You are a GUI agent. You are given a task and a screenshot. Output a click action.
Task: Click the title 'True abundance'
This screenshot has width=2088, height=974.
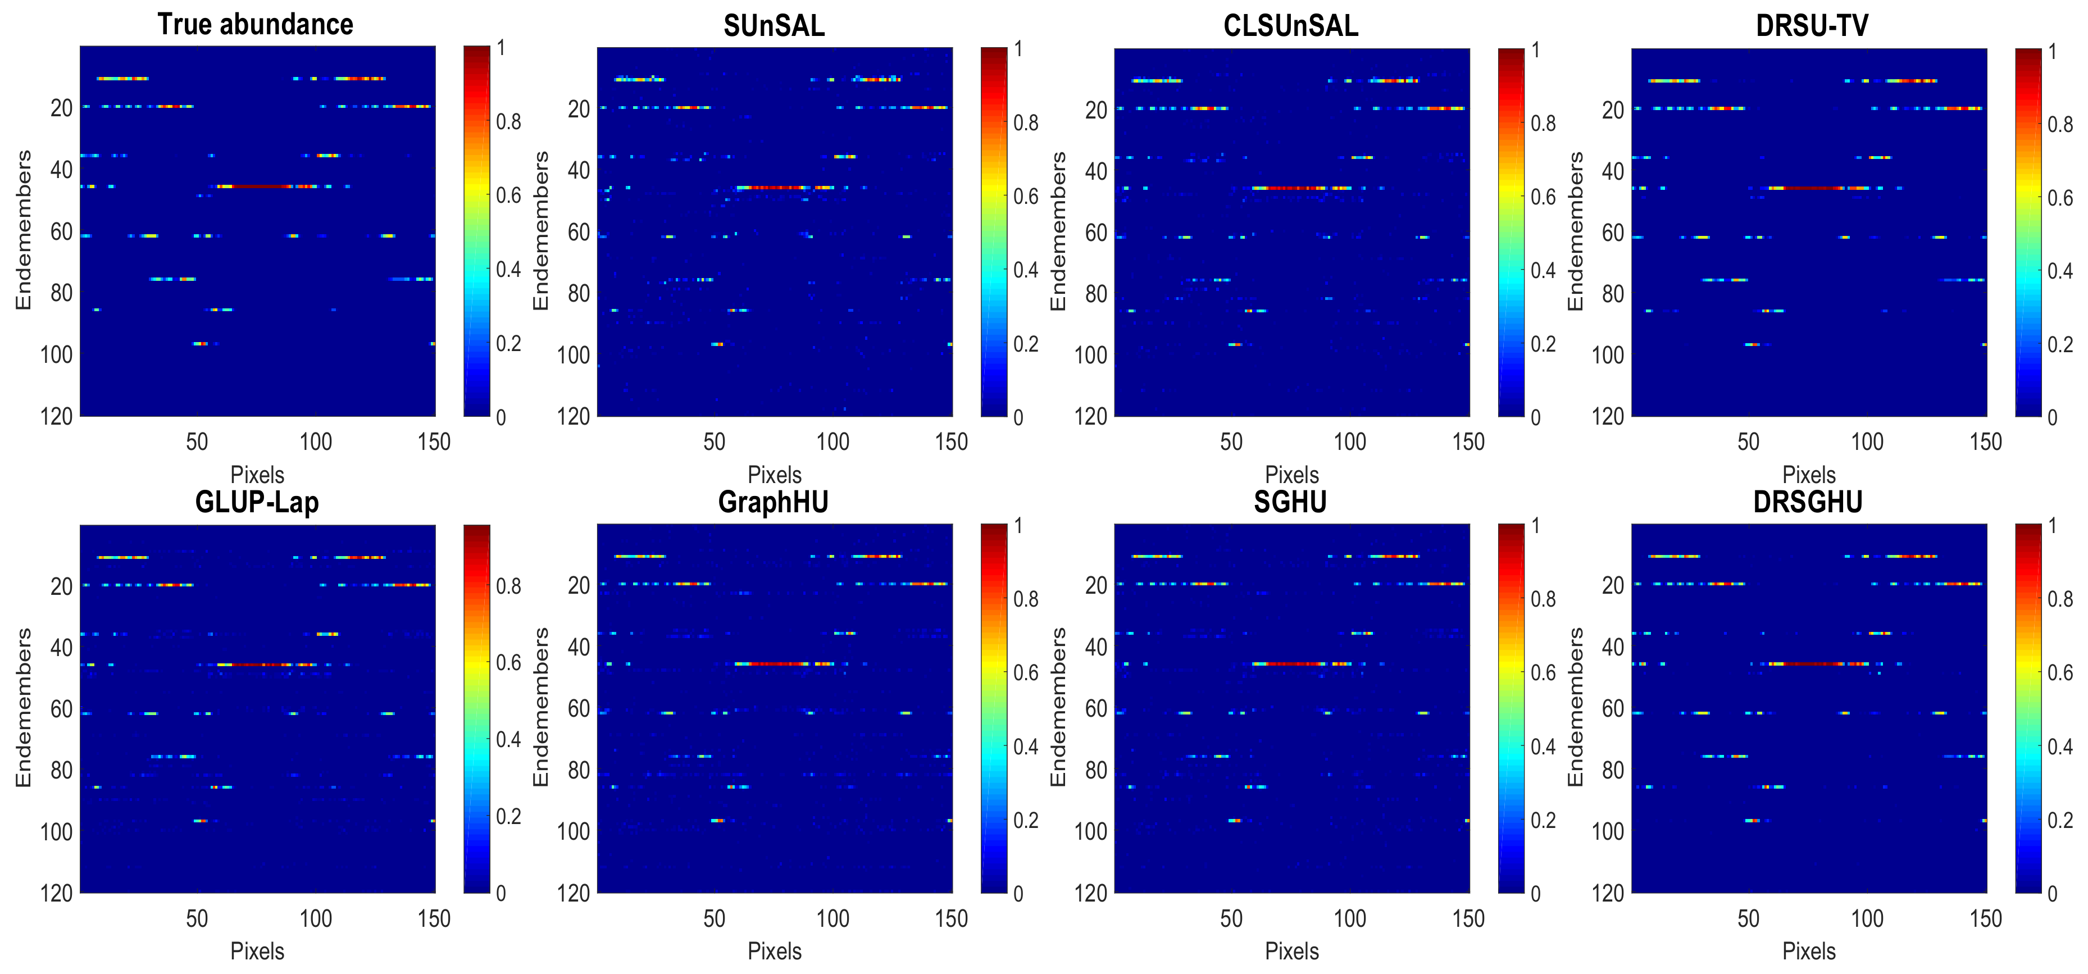(256, 24)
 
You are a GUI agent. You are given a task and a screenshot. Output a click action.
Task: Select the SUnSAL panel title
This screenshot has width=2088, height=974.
(774, 26)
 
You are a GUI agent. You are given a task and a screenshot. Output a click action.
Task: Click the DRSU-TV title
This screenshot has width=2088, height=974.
(1812, 26)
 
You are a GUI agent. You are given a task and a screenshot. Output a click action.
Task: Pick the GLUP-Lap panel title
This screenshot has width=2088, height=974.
(257, 502)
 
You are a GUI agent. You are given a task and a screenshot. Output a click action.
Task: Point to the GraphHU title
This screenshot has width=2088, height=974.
(774, 502)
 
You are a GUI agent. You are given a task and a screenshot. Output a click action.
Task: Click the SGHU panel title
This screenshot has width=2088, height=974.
(1290, 502)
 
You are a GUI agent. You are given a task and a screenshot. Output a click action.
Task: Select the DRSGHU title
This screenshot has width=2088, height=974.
(1808, 502)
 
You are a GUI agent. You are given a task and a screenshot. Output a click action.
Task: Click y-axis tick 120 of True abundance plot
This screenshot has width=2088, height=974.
(56, 416)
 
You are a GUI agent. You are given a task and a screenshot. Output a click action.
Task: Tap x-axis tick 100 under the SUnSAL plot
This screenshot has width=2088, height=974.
(833, 442)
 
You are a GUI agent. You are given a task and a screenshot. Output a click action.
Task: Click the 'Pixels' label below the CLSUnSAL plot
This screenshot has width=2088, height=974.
(1291, 475)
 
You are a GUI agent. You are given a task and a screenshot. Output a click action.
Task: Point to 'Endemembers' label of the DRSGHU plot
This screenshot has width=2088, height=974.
(1575, 707)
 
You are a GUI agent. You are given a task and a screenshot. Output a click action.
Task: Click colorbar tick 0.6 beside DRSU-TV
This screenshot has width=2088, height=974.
(2059, 198)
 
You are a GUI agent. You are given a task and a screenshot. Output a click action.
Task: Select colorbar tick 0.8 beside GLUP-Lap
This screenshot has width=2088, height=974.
(508, 586)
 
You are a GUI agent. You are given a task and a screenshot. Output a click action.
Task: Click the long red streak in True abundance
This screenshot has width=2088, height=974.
(256, 186)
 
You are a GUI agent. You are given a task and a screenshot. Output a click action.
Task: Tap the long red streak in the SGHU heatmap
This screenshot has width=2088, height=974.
(1289, 663)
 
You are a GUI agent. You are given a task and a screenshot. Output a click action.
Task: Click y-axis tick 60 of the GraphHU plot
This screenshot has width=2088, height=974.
(578, 709)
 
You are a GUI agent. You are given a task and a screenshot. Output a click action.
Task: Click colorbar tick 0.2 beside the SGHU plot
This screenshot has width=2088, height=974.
(1543, 820)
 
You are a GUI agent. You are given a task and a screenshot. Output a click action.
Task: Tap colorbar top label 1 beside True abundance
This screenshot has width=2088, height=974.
(501, 48)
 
